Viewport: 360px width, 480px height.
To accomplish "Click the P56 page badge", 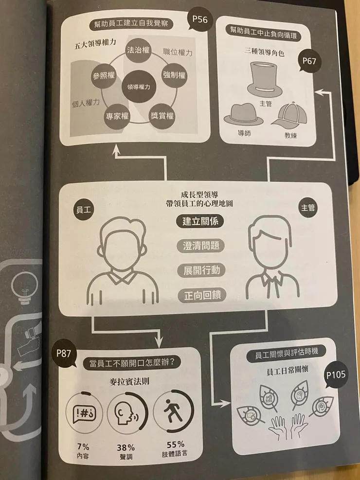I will click(200, 20).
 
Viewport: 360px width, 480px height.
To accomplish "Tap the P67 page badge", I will click(309, 61).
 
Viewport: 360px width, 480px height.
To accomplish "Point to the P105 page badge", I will click(336, 375).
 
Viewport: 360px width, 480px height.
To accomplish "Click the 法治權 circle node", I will click(139, 50).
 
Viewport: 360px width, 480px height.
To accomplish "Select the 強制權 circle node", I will click(174, 75).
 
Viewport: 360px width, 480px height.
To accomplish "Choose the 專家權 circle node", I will click(117, 116).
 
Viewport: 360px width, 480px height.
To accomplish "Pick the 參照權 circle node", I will click(104, 76).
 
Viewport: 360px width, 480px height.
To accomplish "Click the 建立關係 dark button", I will click(200, 221).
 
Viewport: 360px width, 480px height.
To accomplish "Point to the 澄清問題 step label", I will click(201, 246).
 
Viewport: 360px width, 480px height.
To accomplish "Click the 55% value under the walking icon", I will click(175, 444).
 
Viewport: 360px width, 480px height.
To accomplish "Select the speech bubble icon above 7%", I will click(84, 413).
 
